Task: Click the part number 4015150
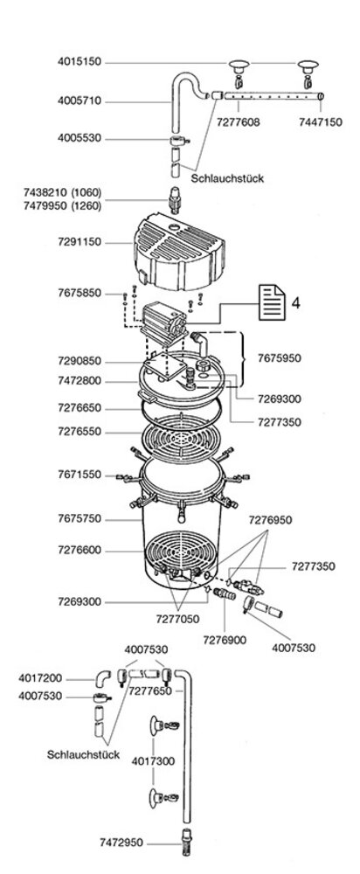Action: coord(80,62)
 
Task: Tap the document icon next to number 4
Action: coord(273,303)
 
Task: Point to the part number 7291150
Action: coord(80,244)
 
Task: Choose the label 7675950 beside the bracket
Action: coord(280,357)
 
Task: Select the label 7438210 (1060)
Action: coord(62,193)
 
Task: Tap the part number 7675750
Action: coord(80,519)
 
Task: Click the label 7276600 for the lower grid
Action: coord(80,550)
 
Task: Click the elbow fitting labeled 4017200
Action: coord(104,678)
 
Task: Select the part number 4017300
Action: coord(153,761)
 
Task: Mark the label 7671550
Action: coord(80,475)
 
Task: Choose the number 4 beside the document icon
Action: coord(296,303)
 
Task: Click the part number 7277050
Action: coord(177,620)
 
